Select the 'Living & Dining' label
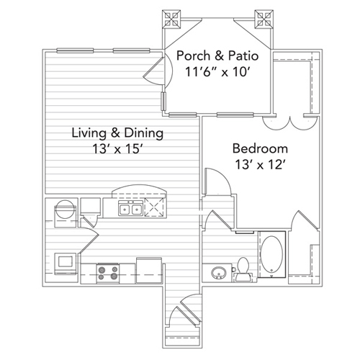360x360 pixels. [117, 133]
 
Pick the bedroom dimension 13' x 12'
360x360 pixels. [260, 164]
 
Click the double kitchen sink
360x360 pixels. [130, 210]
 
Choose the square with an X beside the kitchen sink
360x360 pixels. [154, 210]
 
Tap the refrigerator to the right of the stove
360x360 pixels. [148, 267]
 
